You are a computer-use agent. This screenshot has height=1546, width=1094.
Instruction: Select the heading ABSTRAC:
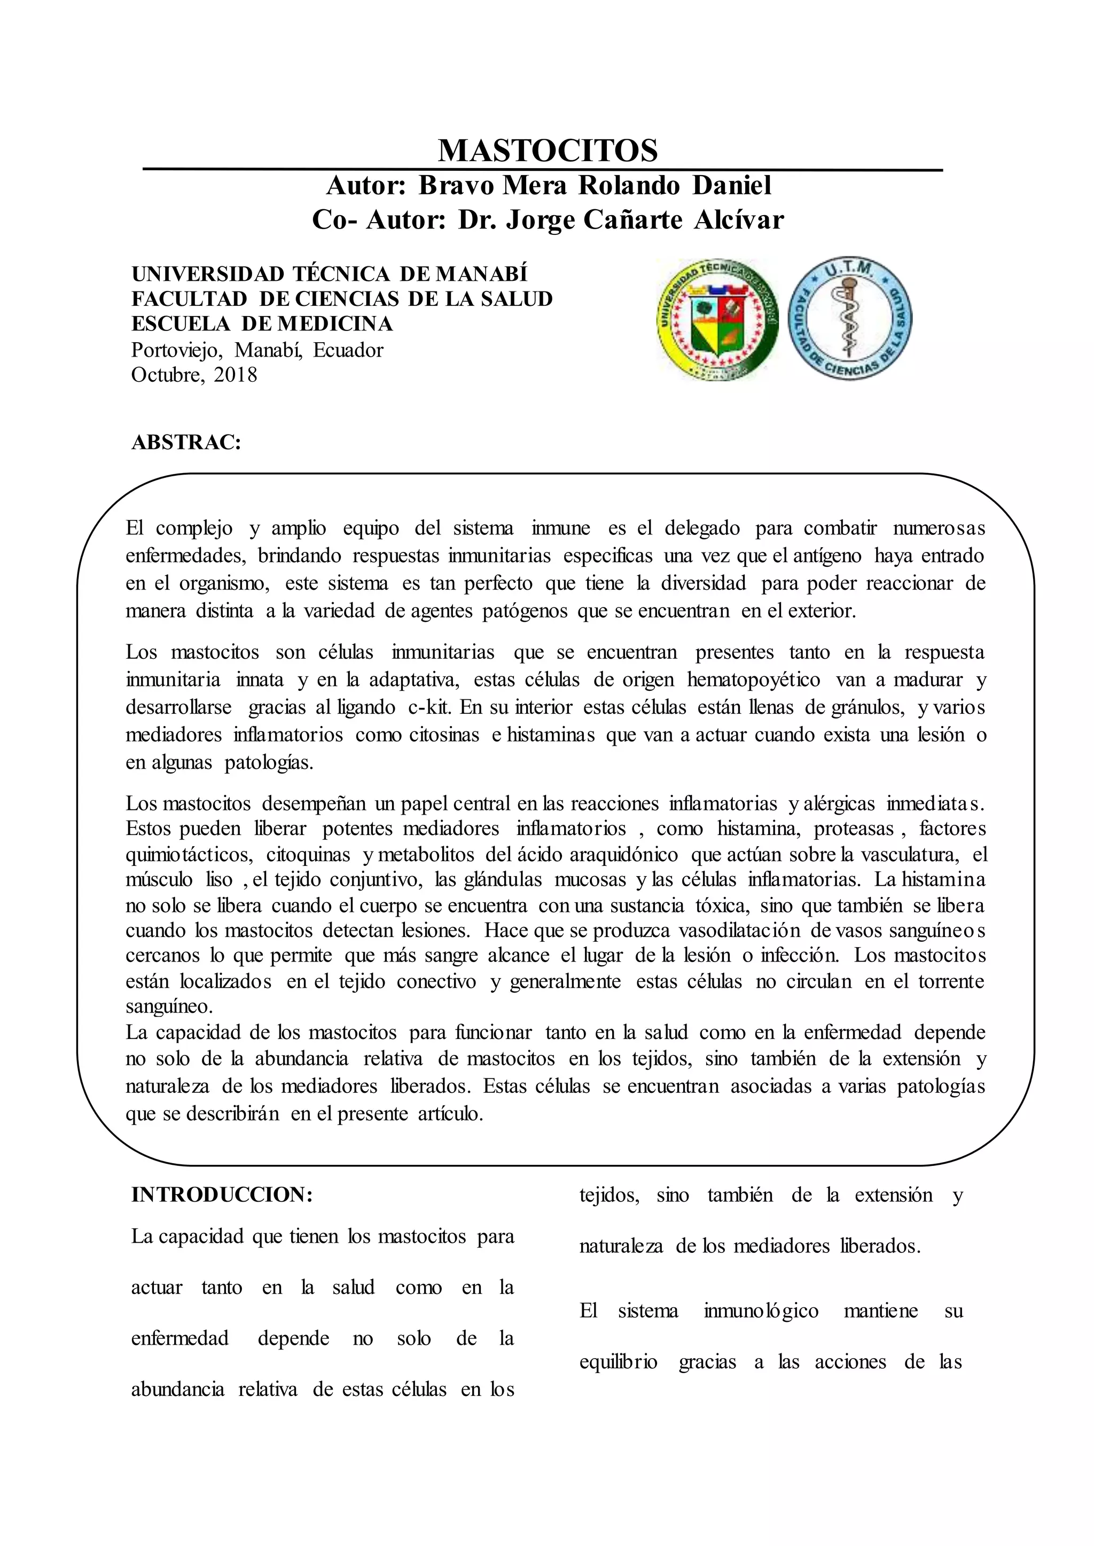(x=186, y=443)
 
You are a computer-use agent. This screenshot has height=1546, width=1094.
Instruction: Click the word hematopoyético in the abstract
(x=753, y=680)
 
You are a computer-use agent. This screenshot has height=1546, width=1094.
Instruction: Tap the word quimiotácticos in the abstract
(x=189, y=855)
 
